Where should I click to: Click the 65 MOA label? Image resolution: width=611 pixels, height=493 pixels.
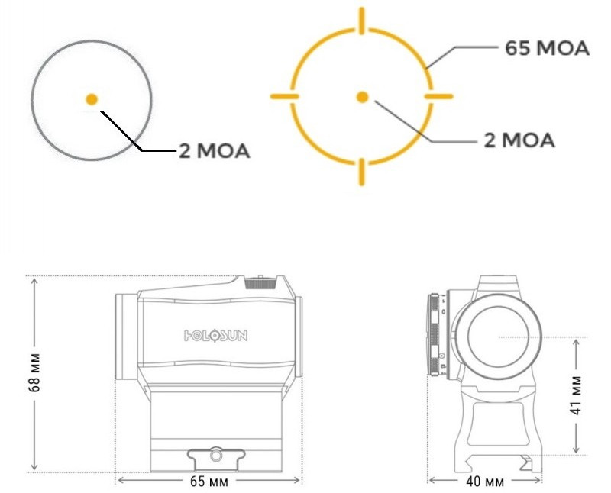[547, 48]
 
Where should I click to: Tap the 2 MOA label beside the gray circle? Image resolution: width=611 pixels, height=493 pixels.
[214, 150]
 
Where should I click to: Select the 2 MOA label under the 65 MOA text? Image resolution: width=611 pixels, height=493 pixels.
[519, 140]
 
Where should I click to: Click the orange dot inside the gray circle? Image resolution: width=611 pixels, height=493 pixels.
[92, 99]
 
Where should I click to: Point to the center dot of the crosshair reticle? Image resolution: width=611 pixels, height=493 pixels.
[362, 97]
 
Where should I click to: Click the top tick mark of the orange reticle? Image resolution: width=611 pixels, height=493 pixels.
[362, 21]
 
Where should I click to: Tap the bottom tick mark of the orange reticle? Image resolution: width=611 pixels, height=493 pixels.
[362, 172]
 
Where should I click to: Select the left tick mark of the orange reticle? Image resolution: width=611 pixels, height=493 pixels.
[285, 96]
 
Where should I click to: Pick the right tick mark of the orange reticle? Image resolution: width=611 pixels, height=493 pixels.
[438, 96]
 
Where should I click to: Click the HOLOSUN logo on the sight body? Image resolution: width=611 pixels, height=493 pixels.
[215, 335]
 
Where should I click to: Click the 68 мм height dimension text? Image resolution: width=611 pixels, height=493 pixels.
[34, 372]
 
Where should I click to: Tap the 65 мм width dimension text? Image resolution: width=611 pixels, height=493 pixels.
[209, 482]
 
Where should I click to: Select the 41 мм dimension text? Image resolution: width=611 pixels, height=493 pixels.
[577, 395]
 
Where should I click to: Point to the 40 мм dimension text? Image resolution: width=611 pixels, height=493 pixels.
[485, 482]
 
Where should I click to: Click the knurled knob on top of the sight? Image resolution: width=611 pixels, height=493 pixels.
[260, 282]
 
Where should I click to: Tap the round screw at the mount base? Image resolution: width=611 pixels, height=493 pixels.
[215, 455]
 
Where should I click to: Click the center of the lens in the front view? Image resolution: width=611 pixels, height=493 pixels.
[499, 337]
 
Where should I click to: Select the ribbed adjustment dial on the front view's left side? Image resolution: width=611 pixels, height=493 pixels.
[435, 334]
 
